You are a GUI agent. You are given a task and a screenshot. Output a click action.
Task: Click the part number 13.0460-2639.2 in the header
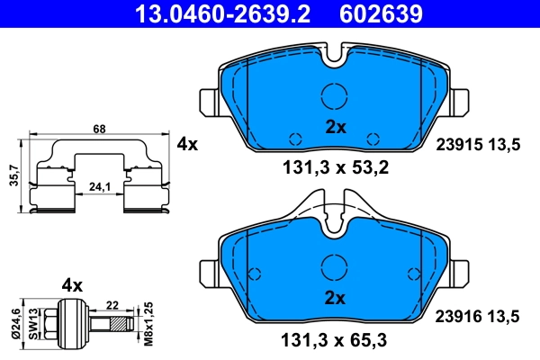click(x=215, y=13)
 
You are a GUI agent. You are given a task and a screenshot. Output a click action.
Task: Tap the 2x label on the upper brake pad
click(x=335, y=127)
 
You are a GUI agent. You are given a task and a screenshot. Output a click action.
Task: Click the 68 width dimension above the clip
click(x=99, y=129)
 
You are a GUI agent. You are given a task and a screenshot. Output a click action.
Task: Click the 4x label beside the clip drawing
click(x=186, y=144)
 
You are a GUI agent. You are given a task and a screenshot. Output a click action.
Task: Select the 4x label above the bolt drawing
click(x=71, y=285)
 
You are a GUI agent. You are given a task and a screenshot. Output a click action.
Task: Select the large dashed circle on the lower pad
click(x=335, y=266)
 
